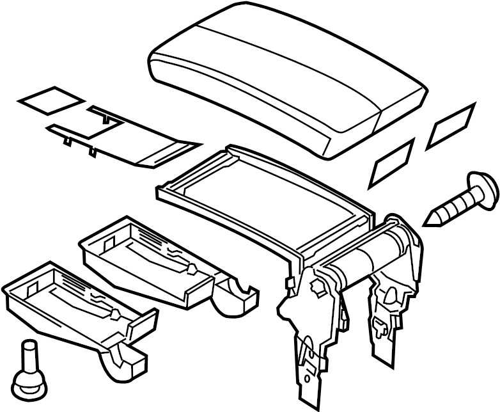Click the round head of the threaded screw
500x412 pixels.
pos(483,189)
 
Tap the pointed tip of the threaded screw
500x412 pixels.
pos(429,221)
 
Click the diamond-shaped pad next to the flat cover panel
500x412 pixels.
pos(49,98)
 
